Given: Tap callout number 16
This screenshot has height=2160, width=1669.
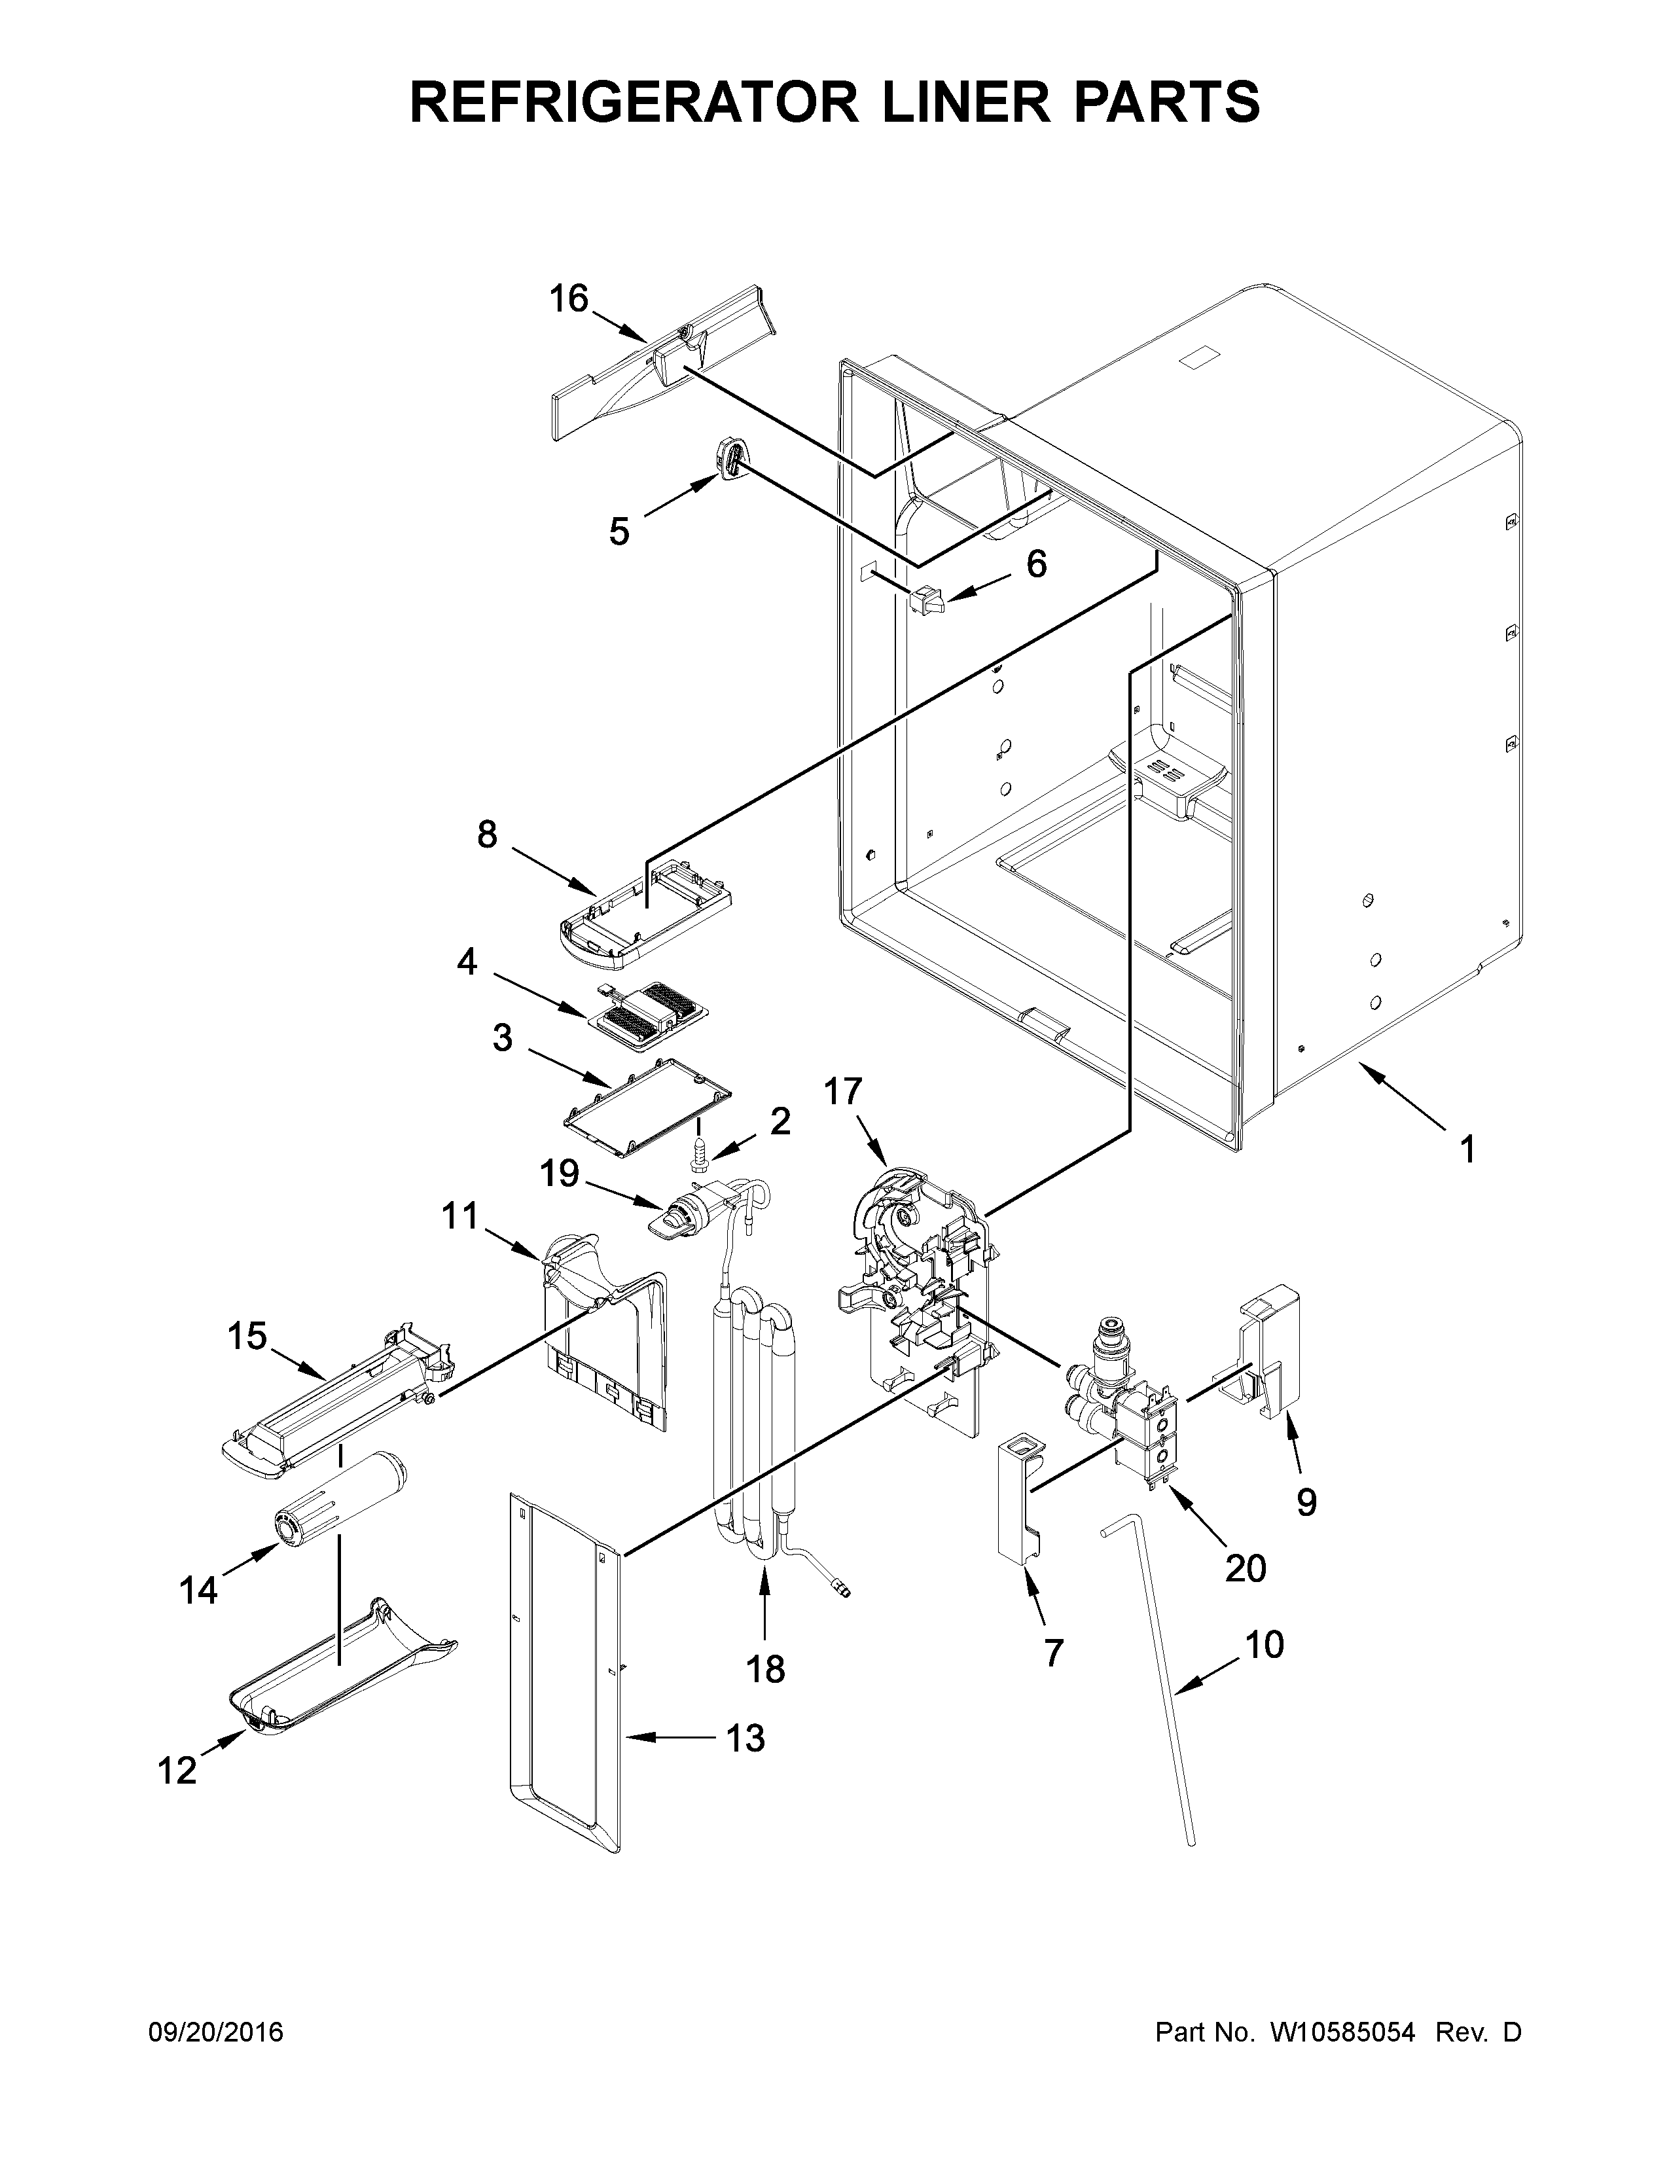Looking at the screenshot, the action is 569,298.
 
